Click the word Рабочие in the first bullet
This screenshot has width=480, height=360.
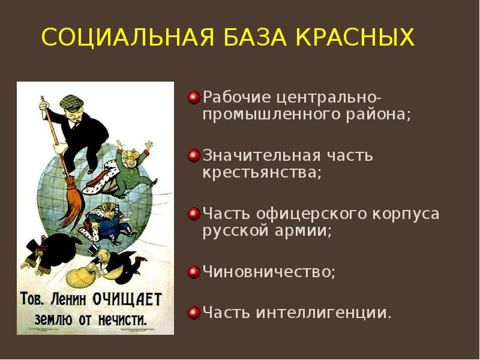[237, 97]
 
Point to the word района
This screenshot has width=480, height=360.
[382, 115]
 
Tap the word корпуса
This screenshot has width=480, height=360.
[407, 214]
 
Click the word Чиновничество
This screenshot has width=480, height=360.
[268, 272]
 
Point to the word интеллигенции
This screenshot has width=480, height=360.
[324, 313]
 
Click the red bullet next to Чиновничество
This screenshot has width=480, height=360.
[194, 272]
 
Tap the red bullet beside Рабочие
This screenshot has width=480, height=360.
[194, 97]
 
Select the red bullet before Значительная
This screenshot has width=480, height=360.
[194, 155]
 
